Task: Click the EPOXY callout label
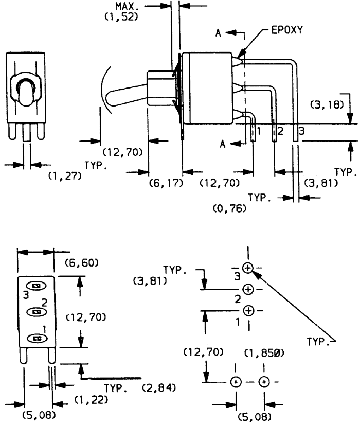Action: [x=287, y=30]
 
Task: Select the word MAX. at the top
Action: [x=125, y=6]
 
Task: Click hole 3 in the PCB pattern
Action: [x=247, y=268]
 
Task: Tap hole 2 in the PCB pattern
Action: [x=248, y=289]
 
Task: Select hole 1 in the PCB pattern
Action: [x=248, y=311]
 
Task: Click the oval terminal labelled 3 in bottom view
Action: [x=36, y=286]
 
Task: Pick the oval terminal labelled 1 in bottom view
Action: [x=37, y=338]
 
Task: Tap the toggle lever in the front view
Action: [x=26, y=92]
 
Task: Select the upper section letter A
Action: [x=218, y=33]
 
